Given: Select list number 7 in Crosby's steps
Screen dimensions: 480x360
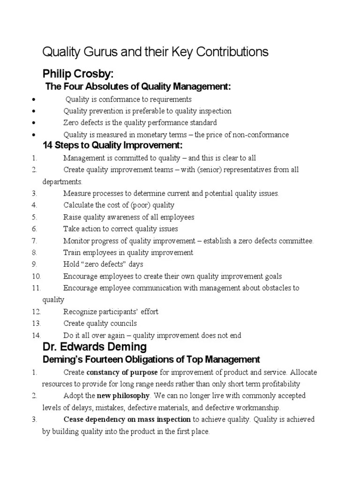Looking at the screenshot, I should (34, 241).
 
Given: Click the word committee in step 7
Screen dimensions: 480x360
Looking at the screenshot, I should (295, 241).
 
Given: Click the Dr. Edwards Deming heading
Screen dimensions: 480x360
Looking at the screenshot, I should (94, 347).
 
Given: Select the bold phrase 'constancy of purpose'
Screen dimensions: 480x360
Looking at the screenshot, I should (122, 372).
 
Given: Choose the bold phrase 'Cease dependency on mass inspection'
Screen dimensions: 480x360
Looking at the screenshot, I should (127, 420).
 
